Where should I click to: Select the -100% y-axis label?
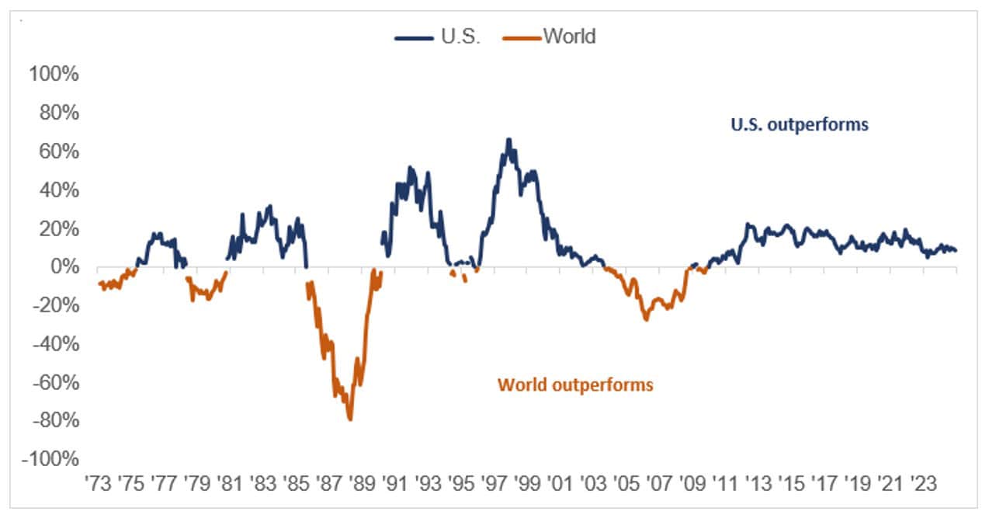tap(50, 459)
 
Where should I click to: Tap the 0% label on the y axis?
tap(63, 267)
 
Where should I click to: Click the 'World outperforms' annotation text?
tap(575, 385)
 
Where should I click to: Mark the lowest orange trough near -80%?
tap(350, 419)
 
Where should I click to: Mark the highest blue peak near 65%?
tap(508, 140)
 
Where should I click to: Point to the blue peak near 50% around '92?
tap(411, 168)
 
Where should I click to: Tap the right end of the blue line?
tap(956, 250)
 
